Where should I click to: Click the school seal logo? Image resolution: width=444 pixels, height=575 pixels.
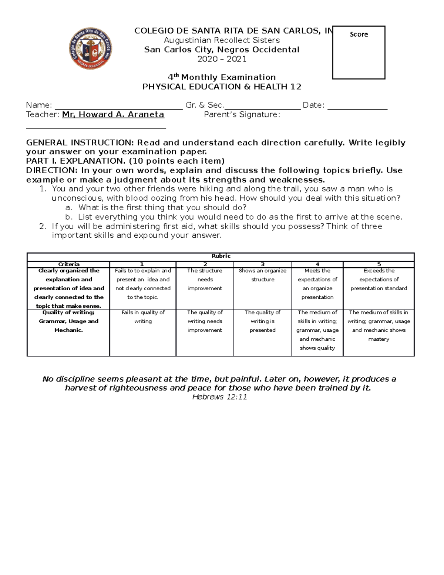(90, 49)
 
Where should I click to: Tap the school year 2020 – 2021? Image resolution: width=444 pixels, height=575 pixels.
(222, 59)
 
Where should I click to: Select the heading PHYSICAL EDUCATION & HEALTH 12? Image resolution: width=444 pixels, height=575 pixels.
(222, 87)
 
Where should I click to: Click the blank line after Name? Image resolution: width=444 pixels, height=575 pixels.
(118, 107)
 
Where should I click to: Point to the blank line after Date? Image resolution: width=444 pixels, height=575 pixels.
(357, 107)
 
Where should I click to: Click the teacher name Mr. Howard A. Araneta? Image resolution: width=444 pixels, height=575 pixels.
(113, 114)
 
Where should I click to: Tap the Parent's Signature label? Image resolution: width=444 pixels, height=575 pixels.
(242, 115)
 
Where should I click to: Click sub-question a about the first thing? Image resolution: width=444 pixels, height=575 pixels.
(162, 207)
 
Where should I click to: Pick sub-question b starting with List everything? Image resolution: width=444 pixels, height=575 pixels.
(240, 217)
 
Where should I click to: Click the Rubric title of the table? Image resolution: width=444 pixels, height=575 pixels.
(221, 256)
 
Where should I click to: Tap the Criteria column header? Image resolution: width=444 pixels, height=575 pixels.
(68, 264)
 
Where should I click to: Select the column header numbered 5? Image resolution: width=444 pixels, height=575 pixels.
(379, 264)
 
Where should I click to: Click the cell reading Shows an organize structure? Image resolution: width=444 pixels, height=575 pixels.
(262, 275)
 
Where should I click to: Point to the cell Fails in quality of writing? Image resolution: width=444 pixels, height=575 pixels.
(143, 317)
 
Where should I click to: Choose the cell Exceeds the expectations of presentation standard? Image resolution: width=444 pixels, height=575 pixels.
(379, 280)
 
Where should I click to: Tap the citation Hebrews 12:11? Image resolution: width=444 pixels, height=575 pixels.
(219, 397)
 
